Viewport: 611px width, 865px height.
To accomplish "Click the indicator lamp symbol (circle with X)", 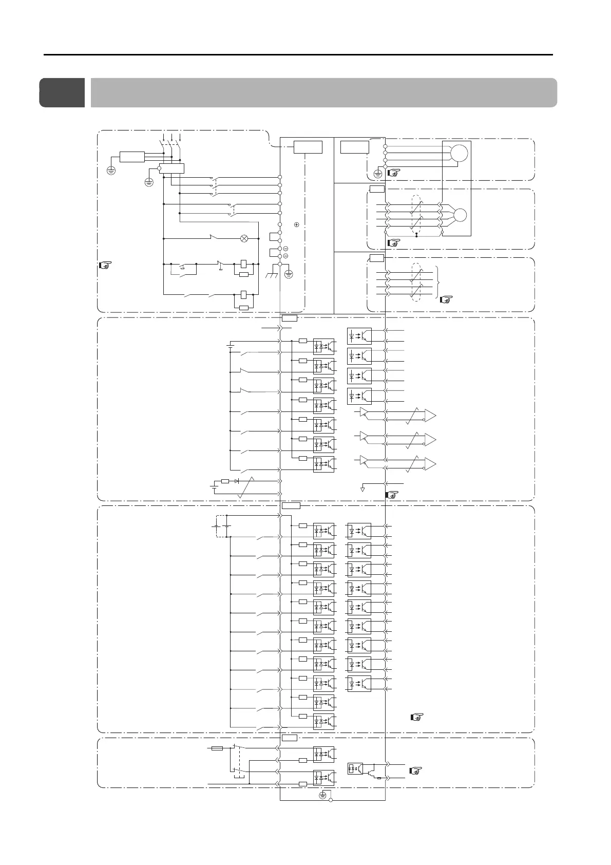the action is tap(244, 238).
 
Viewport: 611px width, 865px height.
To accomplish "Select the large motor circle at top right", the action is tap(460, 153).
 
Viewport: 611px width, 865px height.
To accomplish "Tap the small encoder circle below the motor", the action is tap(461, 215).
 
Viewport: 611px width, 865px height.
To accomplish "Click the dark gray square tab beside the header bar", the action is tap(62, 92).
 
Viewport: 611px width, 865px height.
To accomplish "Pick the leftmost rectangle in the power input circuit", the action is tap(132, 156).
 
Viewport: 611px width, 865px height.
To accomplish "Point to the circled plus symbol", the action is tap(297, 224).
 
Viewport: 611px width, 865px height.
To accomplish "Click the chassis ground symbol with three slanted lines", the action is tap(271, 276).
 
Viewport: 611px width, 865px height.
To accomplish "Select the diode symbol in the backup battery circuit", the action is tap(236, 481).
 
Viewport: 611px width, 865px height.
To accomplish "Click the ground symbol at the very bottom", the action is tap(322, 795).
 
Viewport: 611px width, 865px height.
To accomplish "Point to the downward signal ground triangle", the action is tap(362, 489).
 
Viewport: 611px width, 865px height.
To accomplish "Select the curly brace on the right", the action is tap(437, 282).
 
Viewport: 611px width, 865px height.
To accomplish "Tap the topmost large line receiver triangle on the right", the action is tap(430, 415).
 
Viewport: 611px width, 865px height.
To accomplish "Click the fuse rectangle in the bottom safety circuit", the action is tap(217, 748).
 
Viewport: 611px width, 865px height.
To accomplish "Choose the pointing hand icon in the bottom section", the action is tap(416, 770).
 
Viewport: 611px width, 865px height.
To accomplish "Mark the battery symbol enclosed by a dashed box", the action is tap(221, 526).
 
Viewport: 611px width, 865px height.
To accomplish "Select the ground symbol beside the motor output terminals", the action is tap(378, 174).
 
